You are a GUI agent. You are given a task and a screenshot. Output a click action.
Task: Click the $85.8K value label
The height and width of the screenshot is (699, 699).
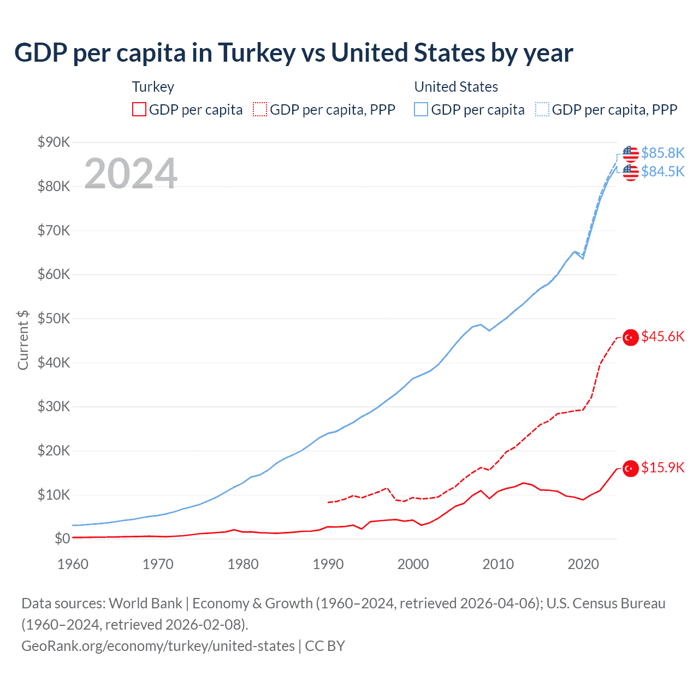coord(662,153)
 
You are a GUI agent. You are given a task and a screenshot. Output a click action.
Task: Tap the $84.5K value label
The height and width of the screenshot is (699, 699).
coord(662,171)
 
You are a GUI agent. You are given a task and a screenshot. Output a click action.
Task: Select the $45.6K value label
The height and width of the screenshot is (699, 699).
coord(662,336)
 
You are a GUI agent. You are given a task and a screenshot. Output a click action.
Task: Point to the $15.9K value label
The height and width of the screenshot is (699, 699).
coord(662,467)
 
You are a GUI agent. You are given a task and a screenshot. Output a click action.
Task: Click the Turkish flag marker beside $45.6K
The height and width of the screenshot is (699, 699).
coord(631,337)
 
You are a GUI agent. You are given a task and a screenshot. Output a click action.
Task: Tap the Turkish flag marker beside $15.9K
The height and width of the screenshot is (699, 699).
coord(631,469)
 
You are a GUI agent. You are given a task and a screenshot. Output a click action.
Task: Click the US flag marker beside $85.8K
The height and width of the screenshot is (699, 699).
coord(631,154)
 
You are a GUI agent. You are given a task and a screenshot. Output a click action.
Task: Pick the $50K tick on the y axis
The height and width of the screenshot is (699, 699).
coord(54,318)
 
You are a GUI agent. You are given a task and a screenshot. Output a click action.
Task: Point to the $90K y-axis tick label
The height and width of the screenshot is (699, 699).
coord(54,142)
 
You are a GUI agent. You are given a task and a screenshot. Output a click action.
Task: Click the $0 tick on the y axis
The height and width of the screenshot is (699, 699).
coord(62,539)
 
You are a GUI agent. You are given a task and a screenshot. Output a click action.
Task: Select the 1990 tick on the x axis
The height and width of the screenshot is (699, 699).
coord(328,564)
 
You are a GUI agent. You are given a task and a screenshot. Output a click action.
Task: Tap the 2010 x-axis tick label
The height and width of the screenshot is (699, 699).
coord(498,564)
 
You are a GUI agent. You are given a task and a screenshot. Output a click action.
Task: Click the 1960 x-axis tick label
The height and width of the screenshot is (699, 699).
coord(73,564)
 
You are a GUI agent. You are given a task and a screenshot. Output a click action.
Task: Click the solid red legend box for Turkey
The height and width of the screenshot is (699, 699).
coord(139,110)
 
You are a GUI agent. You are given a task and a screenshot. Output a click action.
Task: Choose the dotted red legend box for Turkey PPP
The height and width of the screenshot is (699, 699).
coord(260,110)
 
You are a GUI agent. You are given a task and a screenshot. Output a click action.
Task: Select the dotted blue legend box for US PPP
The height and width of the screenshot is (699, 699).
coord(542,110)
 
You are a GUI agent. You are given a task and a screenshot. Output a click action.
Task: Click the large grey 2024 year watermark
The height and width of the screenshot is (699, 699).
coord(131,174)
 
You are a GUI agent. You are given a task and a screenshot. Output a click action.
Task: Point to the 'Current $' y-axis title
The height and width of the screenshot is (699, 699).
coord(23,340)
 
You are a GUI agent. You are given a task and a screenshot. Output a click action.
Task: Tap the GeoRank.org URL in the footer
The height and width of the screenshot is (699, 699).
coord(158,646)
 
